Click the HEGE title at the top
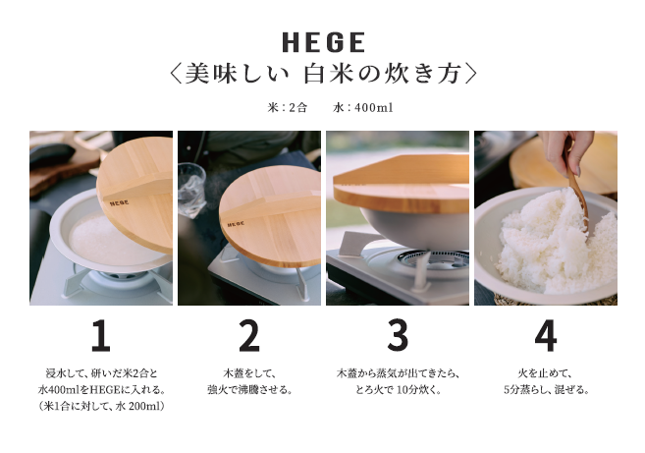click(x=324, y=42)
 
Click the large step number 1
click(x=101, y=336)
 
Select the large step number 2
click(x=249, y=336)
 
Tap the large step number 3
click(x=398, y=336)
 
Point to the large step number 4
click(x=546, y=336)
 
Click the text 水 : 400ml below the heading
click(x=363, y=108)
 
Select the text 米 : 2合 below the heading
click(x=287, y=108)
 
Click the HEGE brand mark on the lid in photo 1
click(x=120, y=202)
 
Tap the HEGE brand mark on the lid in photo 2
click(x=236, y=224)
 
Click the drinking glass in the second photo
click(x=191, y=190)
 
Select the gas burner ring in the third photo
click(x=432, y=259)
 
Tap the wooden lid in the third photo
click(x=402, y=184)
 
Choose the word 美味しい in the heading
click(x=237, y=74)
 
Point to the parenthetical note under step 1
click(x=101, y=406)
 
